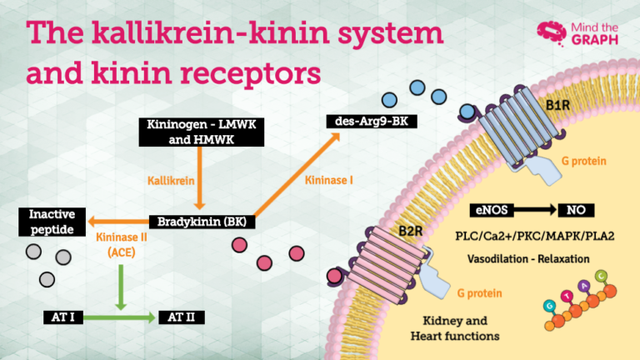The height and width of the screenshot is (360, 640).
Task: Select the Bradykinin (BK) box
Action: tap(202, 222)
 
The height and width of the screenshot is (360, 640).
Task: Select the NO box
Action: tap(576, 210)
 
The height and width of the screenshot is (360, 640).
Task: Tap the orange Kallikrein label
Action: tap(172, 180)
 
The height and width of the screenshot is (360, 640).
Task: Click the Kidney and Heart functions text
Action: tap(455, 327)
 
